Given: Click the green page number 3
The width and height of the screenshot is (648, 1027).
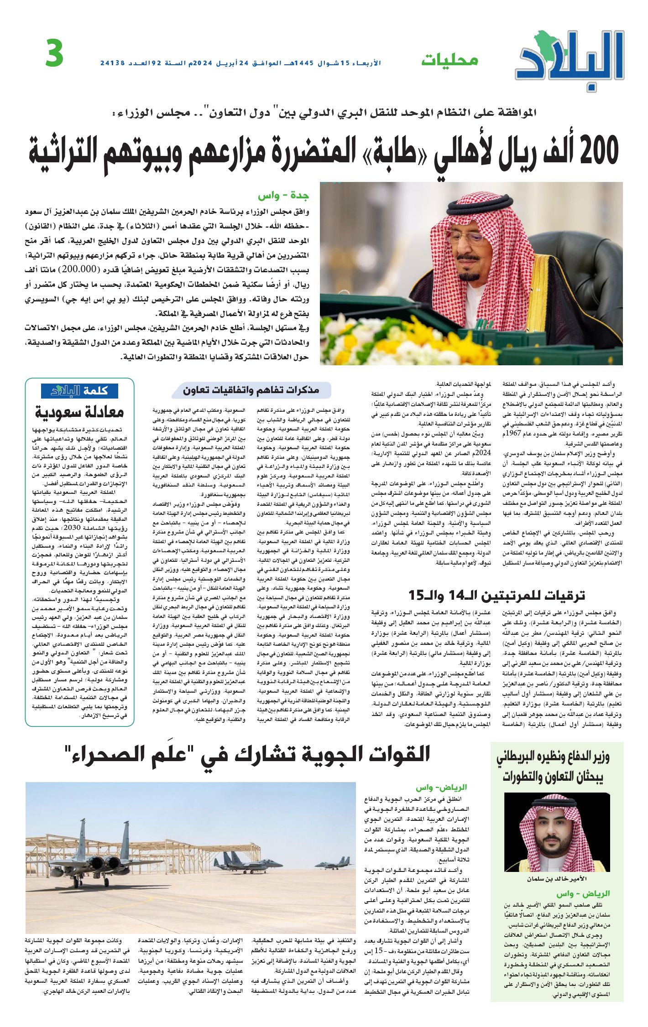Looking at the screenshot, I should [54, 54].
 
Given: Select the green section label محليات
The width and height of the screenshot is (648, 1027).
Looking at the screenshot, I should [449, 60].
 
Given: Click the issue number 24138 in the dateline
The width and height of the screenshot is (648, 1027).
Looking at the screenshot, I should [113, 63].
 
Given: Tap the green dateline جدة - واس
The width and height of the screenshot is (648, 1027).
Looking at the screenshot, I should [283, 196].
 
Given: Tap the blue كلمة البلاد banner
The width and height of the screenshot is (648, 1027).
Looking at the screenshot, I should [79, 391].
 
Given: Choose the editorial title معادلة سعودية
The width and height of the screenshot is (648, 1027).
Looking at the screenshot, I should [80, 412].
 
